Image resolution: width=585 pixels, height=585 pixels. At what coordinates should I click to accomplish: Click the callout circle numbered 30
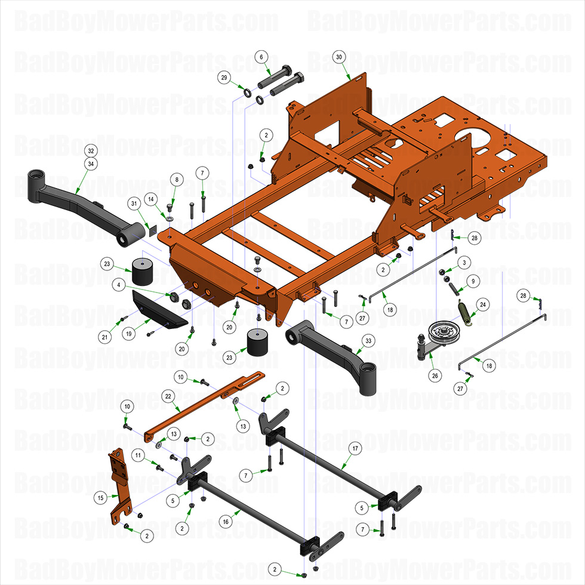tap(338, 57)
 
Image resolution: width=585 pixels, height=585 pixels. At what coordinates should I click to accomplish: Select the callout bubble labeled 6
tap(261, 57)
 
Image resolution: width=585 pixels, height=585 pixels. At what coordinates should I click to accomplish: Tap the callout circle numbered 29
tap(224, 78)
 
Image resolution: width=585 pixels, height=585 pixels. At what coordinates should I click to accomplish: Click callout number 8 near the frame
tap(176, 179)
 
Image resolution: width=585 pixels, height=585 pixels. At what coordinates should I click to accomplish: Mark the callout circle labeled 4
tap(121, 286)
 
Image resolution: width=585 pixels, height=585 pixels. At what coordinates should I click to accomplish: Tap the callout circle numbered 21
tap(105, 337)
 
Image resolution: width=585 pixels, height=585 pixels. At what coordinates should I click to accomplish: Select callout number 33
tap(368, 340)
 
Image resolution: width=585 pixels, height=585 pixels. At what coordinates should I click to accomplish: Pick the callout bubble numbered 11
tap(138, 455)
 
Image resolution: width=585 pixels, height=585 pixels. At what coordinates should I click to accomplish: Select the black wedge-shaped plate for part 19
tap(154, 306)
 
